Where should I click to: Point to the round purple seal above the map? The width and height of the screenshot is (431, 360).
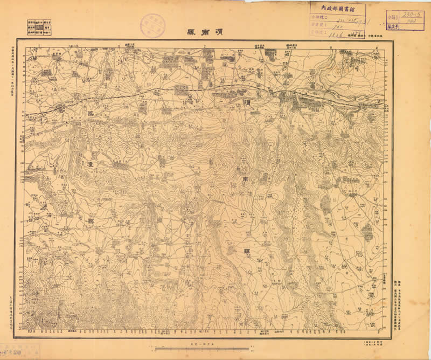pos(152,25)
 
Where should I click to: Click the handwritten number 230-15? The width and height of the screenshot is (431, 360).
pos(412,15)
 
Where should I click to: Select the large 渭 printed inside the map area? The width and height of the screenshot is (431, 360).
pos(246,100)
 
